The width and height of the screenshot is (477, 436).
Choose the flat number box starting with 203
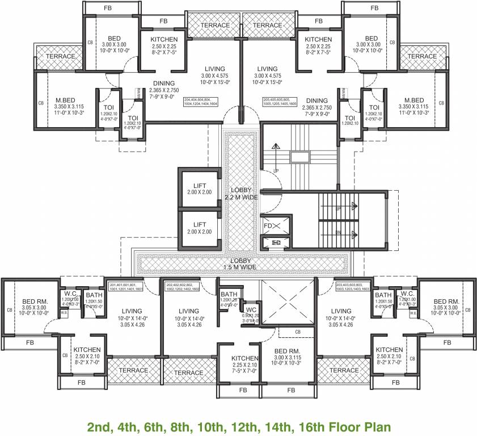click(x=353, y=287)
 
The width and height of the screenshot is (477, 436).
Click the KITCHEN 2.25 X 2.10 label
click(x=245, y=362)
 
